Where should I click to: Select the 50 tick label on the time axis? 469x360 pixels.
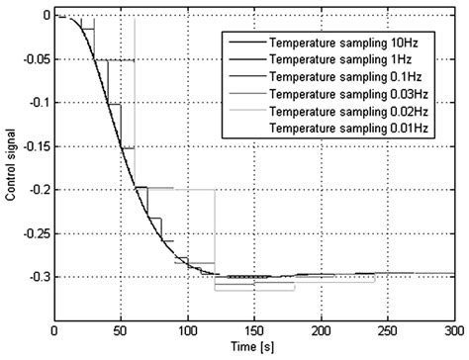[121, 332]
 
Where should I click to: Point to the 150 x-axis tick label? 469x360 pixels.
[254, 332]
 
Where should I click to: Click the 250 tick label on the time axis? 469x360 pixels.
[388, 332]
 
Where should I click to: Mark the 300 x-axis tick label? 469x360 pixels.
[453, 332]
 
